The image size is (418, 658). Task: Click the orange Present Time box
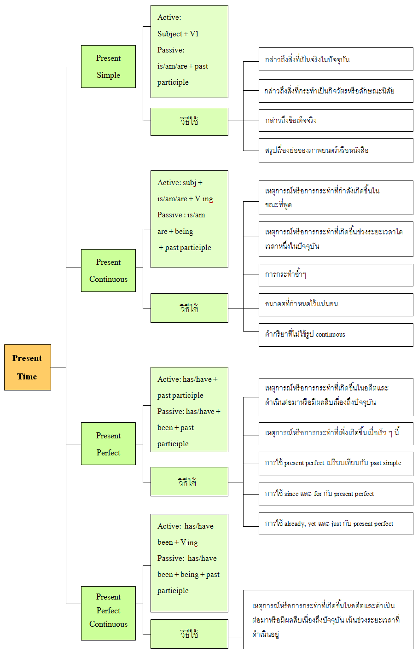28,367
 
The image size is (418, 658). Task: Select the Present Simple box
108,66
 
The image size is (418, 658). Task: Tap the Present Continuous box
108,271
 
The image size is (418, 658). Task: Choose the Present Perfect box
108,443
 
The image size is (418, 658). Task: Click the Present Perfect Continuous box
108,613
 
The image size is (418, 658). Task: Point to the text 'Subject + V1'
178,34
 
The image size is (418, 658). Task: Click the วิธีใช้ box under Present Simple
190,122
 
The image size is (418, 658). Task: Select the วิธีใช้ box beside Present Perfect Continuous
190,634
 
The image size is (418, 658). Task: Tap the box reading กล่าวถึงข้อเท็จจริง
336,120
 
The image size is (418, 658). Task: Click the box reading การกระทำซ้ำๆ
336,275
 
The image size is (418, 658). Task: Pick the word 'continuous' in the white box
330,334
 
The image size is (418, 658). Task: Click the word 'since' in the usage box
291,494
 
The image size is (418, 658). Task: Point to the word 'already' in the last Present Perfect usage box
295,524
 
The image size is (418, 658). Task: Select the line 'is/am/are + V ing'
185,199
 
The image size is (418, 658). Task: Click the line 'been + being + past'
188,575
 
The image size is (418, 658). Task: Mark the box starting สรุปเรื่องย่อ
336,151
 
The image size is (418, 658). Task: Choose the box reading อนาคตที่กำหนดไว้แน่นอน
336,305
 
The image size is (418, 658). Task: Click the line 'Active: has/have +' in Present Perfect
187,379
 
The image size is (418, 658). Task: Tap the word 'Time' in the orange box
27,377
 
